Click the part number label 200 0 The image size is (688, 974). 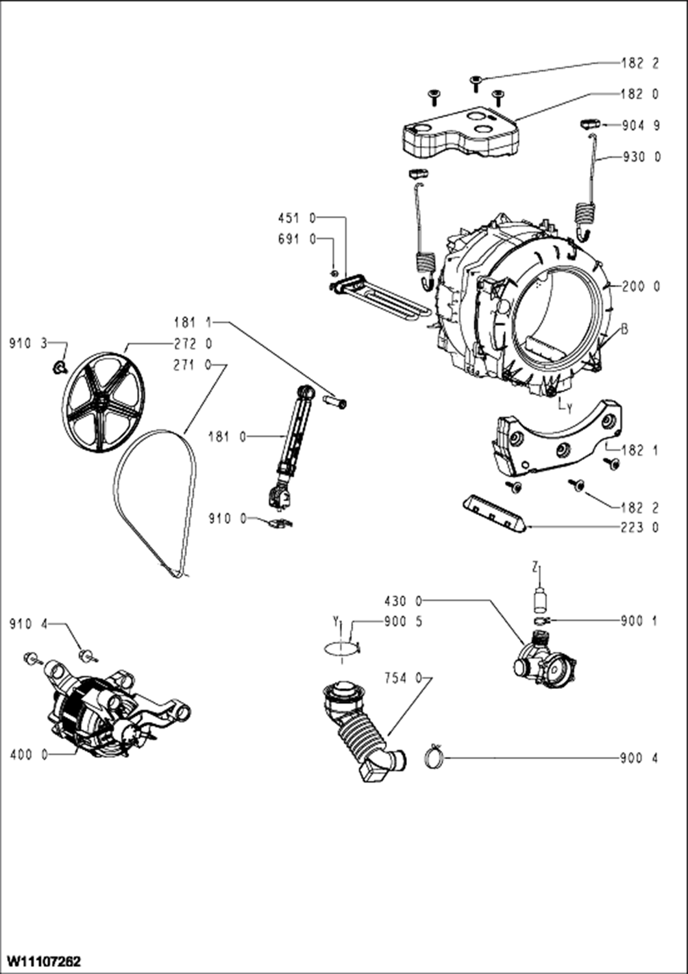coord(640,286)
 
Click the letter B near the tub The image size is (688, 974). coord(624,329)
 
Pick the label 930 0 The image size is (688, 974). coord(641,157)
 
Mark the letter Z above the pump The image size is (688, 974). coord(535,568)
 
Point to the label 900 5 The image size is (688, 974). coord(403,621)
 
